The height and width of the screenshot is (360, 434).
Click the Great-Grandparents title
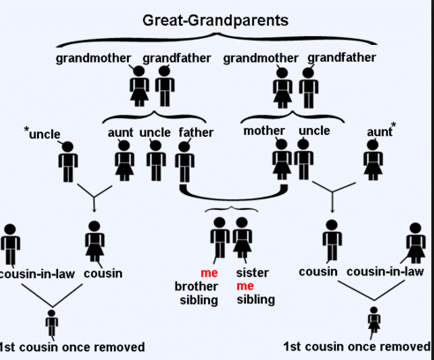tap(215, 20)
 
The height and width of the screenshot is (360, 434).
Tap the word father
tap(196, 132)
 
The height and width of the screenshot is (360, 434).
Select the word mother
tap(264, 131)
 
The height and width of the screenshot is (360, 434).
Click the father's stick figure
tap(184, 161)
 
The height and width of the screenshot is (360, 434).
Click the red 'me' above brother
tap(209, 273)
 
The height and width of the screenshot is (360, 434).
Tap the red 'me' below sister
tap(245, 286)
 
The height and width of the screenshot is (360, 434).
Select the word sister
tap(252, 273)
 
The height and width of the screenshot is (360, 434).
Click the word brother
tap(197, 286)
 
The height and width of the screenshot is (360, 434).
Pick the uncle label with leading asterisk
tap(42, 133)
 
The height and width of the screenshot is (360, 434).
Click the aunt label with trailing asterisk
tap(381, 131)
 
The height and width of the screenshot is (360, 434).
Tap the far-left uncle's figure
tap(68, 161)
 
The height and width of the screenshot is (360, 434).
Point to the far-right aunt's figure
tap(373, 160)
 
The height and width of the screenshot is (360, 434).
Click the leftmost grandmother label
tap(94, 58)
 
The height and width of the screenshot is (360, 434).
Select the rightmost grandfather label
tap(341, 57)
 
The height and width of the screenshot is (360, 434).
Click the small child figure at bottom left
tap(51, 323)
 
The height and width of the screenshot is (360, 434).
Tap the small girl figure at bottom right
tap(374, 319)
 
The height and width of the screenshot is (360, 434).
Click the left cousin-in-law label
tap(37, 274)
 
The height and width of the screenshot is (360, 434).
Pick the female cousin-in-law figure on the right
tap(415, 243)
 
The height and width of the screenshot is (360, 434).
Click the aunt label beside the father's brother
tap(121, 132)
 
